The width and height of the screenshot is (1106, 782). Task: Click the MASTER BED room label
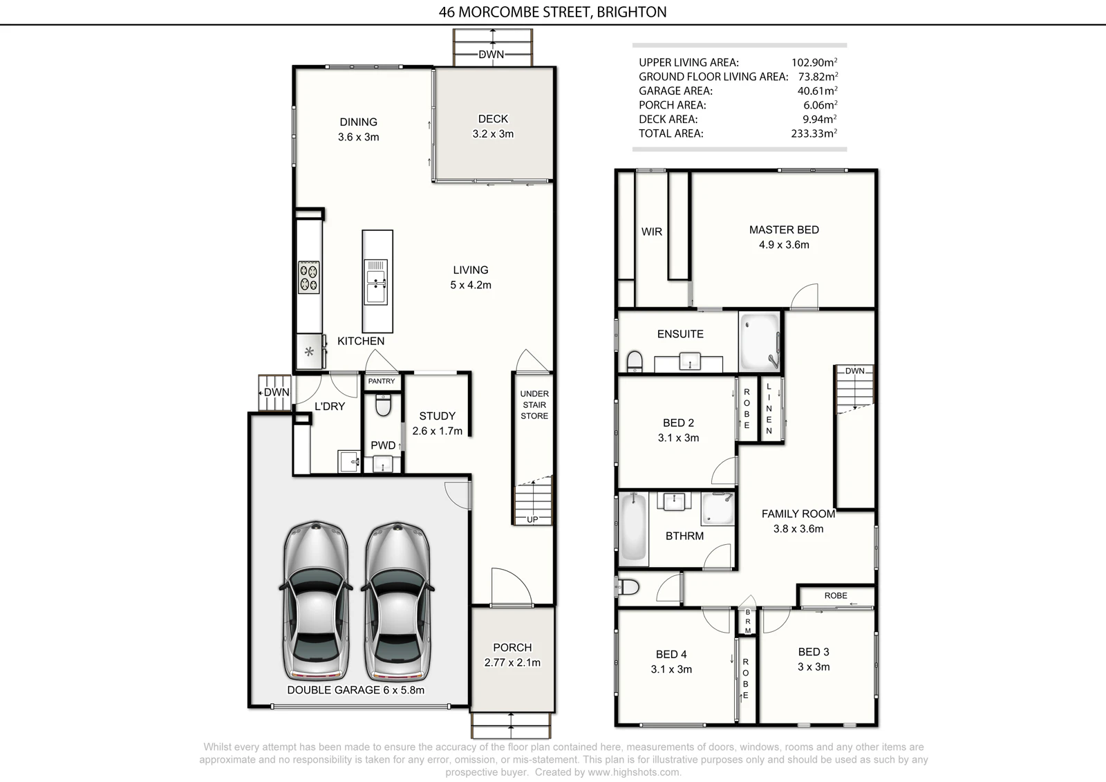(784, 230)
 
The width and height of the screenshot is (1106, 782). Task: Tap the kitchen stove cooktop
(309, 277)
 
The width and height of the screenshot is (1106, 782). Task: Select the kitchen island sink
(376, 281)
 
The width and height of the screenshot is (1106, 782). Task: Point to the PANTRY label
(382, 381)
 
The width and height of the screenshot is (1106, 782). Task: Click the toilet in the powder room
(383, 404)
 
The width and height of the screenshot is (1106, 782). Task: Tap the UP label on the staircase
(532, 519)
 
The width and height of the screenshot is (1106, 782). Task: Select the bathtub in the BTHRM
(633, 527)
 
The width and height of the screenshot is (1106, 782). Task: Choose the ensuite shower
(760, 342)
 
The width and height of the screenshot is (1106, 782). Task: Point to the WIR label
(652, 232)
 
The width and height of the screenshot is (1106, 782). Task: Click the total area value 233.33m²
(814, 133)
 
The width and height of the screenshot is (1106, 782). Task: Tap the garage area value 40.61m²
(817, 91)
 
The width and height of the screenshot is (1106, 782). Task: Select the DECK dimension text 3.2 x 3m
(493, 134)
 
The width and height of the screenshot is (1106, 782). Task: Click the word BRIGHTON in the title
(632, 12)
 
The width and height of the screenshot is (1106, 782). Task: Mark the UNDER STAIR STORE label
(534, 404)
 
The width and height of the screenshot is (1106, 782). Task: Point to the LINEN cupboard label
(769, 409)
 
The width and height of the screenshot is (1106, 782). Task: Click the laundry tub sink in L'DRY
(350, 461)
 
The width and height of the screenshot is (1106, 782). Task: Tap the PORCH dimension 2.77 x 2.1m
(512, 662)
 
